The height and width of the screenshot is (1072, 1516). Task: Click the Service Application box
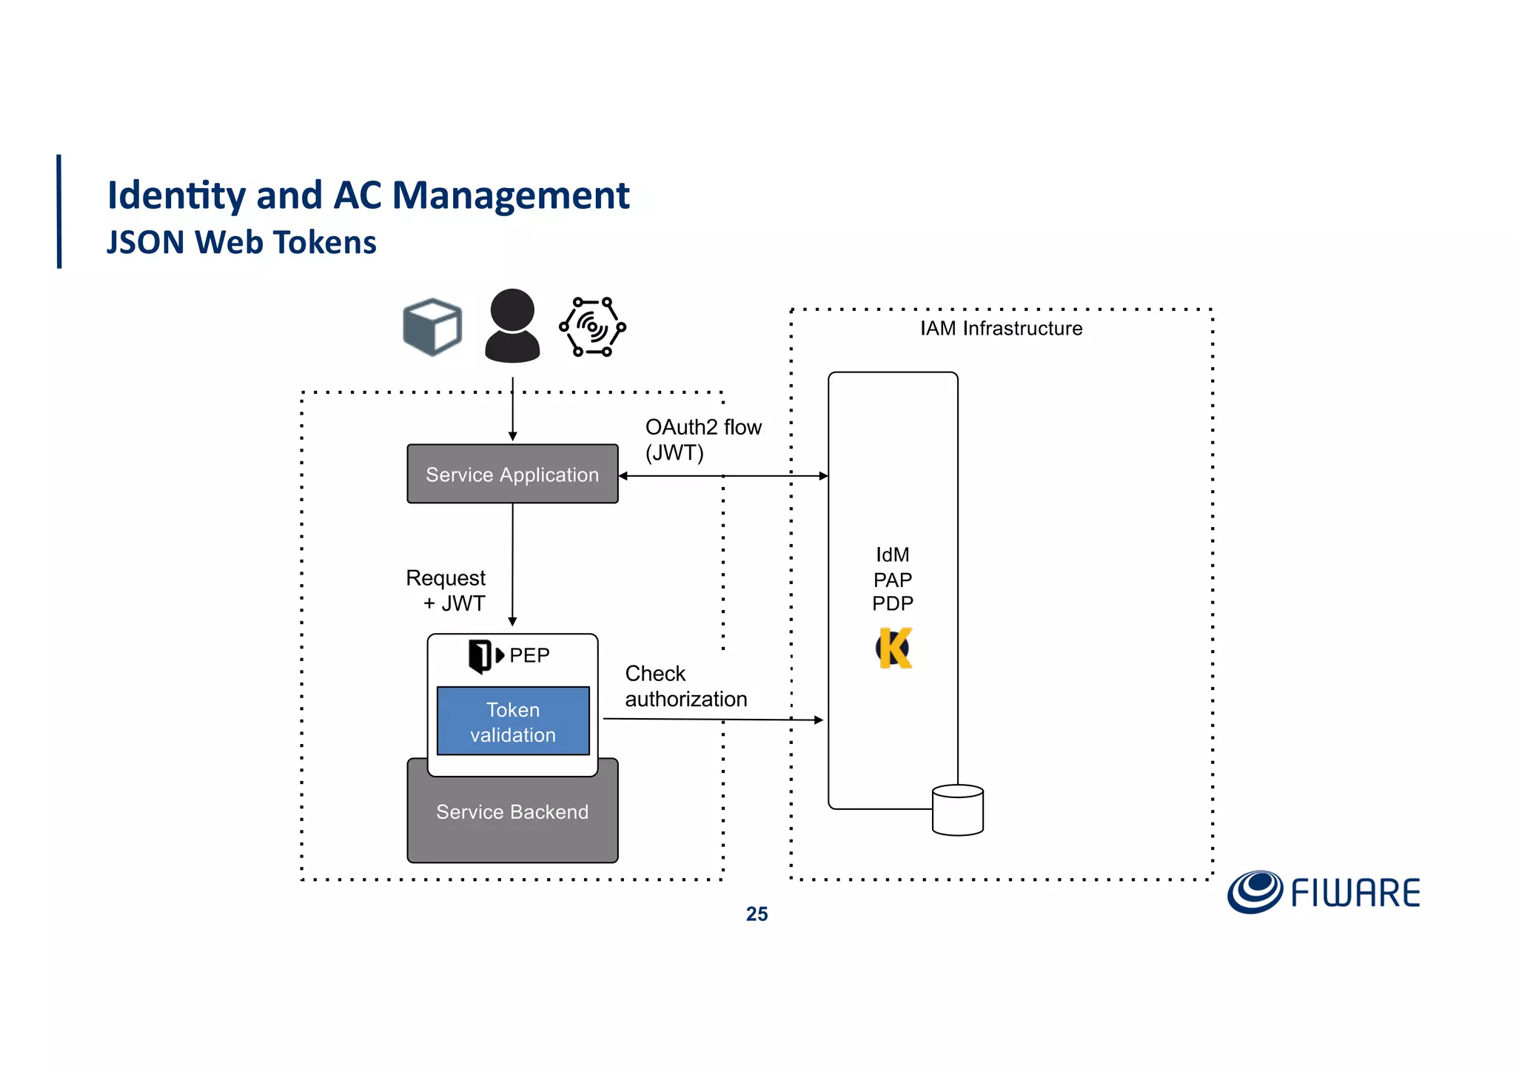(x=512, y=474)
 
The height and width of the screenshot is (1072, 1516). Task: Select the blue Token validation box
(x=513, y=721)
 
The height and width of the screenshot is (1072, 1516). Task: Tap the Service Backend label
(x=512, y=812)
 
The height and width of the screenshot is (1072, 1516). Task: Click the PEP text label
(x=529, y=655)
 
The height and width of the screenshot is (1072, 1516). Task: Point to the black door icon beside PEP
(x=480, y=655)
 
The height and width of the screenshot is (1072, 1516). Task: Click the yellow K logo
(x=894, y=649)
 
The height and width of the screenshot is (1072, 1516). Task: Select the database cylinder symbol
(x=958, y=810)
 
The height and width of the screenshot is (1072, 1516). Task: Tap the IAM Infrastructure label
(x=1001, y=329)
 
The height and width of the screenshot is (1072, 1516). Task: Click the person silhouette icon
(x=512, y=326)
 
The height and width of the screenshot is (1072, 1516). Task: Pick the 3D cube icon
(x=432, y=326)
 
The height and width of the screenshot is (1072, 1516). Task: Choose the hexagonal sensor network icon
(x=592, y=326)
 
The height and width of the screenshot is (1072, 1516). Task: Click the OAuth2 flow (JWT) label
(x=702, y=440)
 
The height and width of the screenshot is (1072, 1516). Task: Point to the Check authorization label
(x=685, y=686)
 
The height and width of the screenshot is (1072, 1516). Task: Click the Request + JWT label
(x=446, y=590)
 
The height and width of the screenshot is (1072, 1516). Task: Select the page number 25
(x=757, y=914)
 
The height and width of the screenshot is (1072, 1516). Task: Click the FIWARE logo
(x=1324, y=892)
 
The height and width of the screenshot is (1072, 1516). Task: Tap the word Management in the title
(x=511, y=195)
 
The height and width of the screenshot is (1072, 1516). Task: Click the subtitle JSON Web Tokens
(x=241, y=243)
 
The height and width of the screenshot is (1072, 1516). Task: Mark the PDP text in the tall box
(x=893, y=603)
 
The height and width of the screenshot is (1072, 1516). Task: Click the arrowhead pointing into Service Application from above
(x=512, y=437)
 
